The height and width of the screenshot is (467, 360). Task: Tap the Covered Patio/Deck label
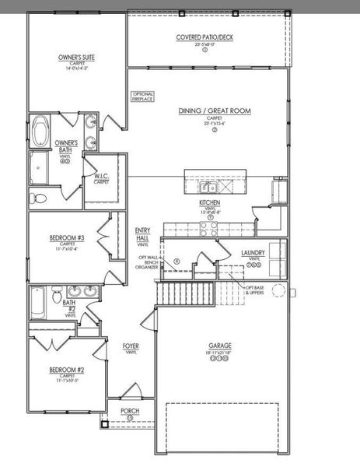pos(204,37)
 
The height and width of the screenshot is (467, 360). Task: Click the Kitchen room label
pos(210,202)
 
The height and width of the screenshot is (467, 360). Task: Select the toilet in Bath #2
pos(56,296)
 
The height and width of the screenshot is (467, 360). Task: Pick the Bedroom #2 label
pos(65,369)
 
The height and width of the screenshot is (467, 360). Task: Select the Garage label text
pos(219,346)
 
